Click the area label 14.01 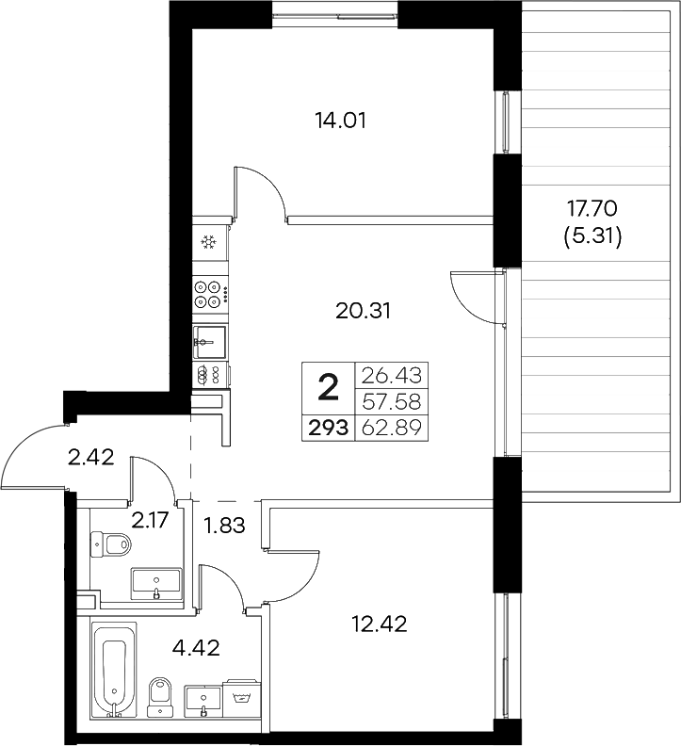click(340, 120)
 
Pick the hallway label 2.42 click(92, 459)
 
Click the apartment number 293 click(326, 429)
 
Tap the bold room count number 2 click(327, 386)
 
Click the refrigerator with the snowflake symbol click(210, 243)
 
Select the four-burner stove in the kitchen click(210, 294)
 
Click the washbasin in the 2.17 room click(155, 584)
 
